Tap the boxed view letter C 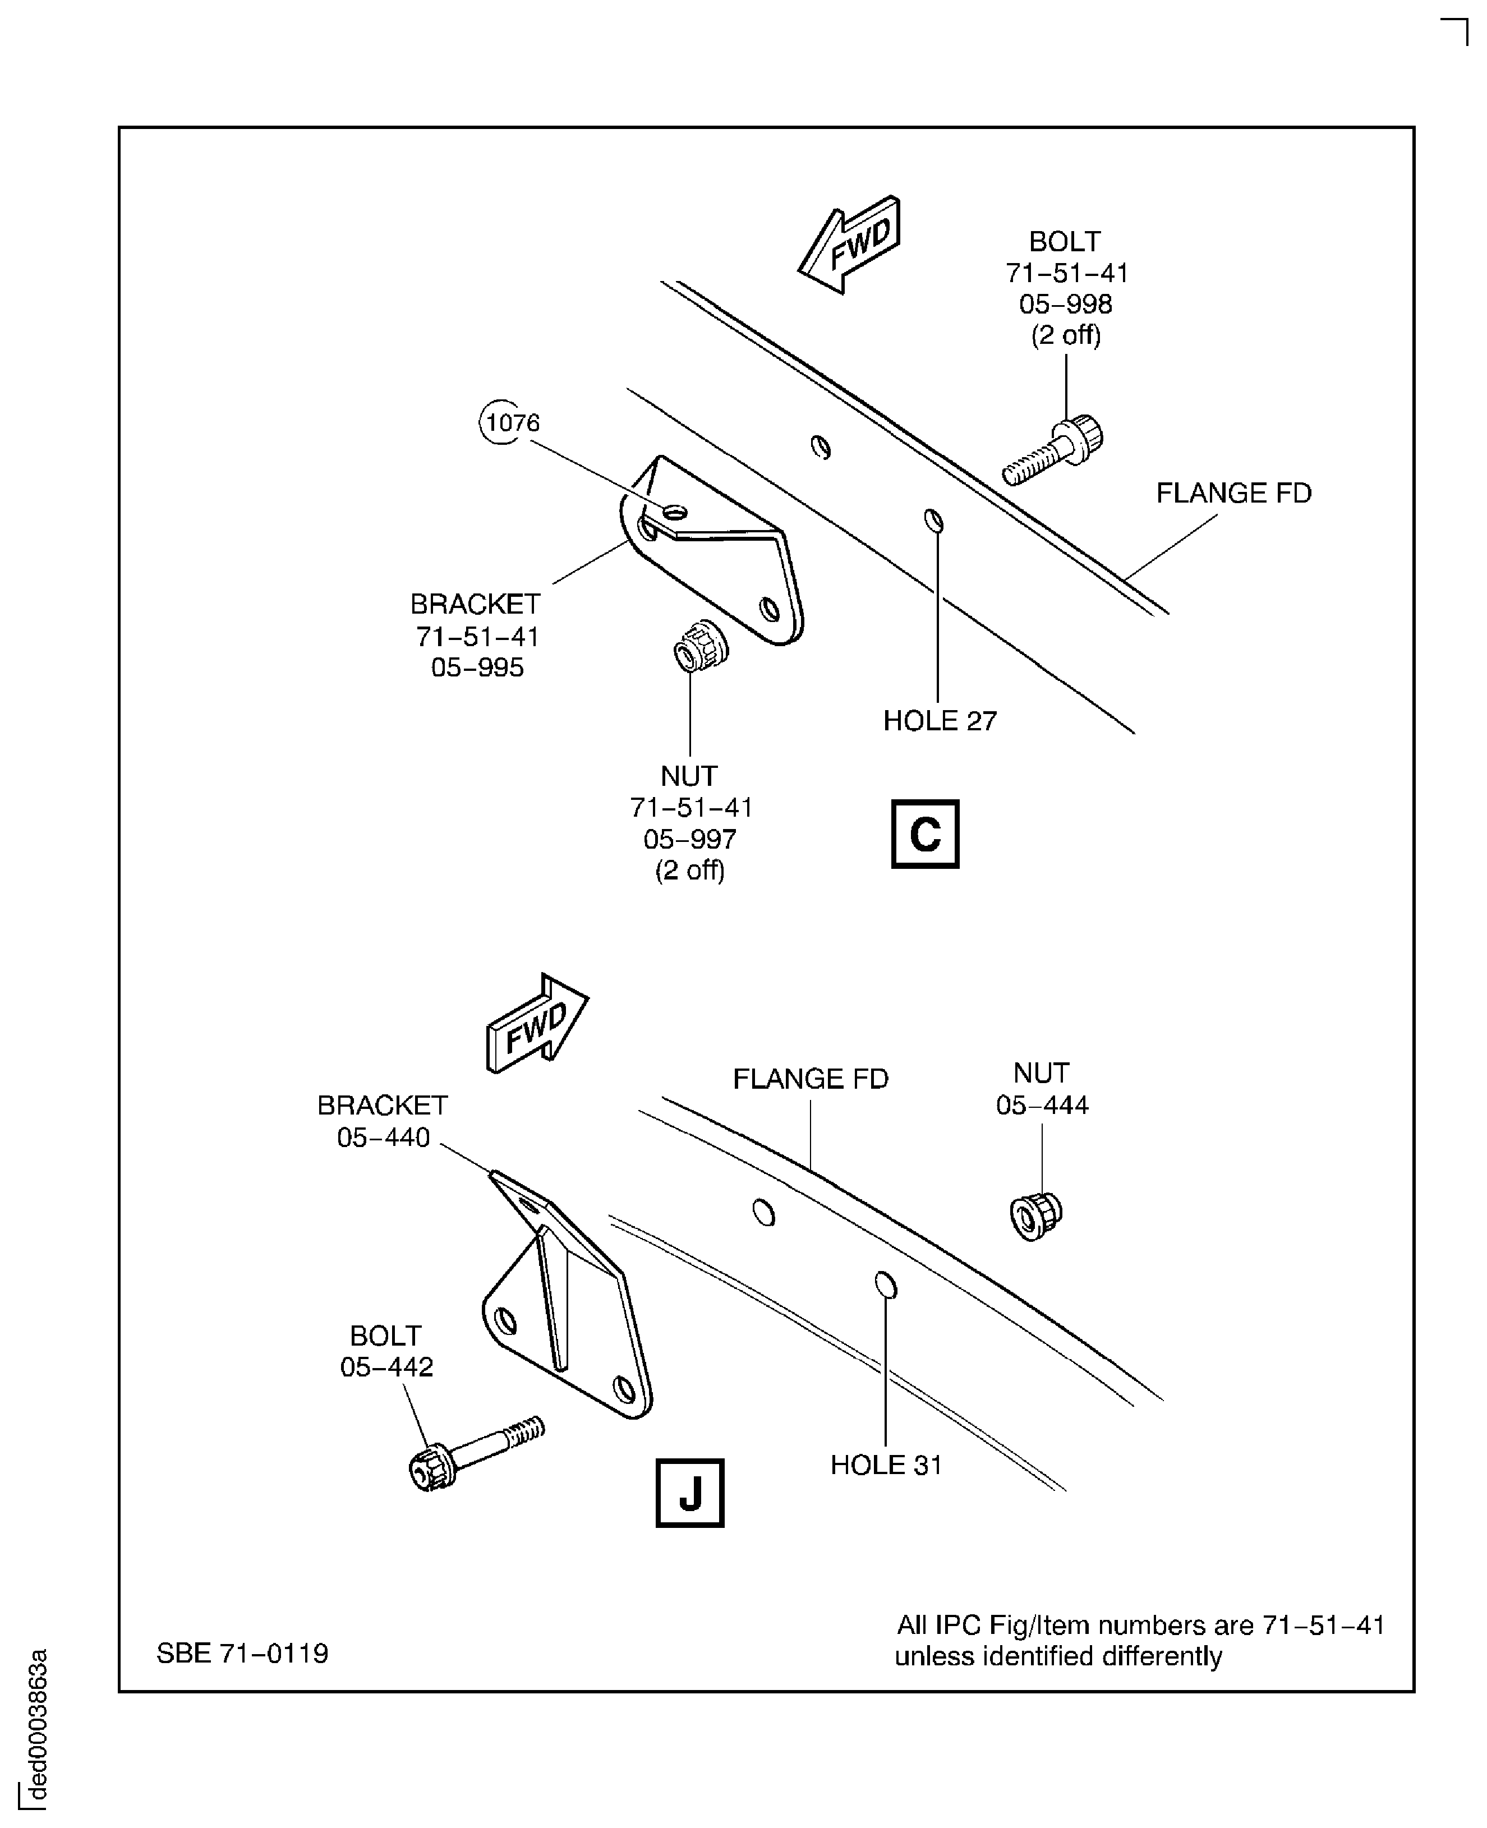(925, 834)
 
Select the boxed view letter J (689, 1493)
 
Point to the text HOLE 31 (886, 1465)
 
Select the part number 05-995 (477, 667)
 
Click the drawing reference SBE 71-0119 (242, 1653)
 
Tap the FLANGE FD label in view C (1233, 494)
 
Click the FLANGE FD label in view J (811, 1079)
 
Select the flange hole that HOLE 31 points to (886, 1286)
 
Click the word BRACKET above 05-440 (382, 1106)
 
